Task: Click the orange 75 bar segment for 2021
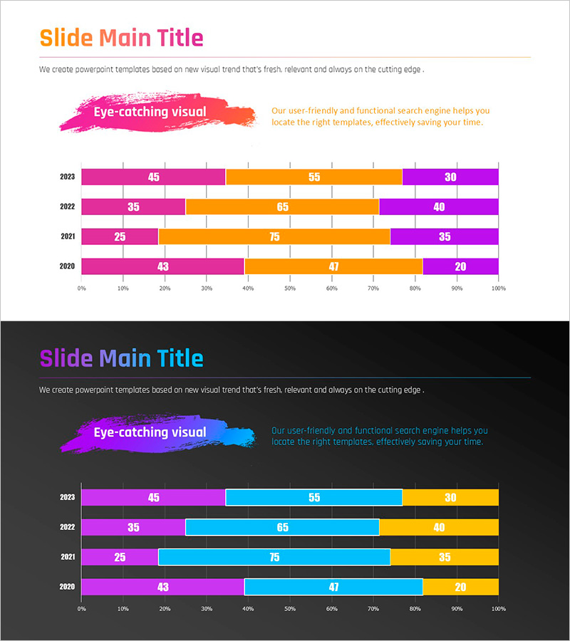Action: [274, 236]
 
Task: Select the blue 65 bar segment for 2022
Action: [282, 528]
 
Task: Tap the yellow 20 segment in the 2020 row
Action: [460, 587]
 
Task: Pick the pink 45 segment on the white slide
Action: [153, 177]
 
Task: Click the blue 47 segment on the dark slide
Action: [333, 587]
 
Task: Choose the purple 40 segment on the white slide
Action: [439, 207]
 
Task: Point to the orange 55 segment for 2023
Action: [313, 177]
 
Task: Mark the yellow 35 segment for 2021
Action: [445, 557]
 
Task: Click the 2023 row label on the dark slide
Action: [67, 498]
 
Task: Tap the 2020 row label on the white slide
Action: [67, 266]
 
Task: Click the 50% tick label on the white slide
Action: [290, 288]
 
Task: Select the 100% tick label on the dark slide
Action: [498, 609]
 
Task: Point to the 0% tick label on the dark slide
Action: [82, 609]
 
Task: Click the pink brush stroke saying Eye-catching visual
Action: [157, 113]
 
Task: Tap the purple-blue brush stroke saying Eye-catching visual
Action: [157, 432]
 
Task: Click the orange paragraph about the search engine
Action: [380, 117]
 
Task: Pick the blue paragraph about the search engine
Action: [380, 437]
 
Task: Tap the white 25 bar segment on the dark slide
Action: [120, 557]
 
